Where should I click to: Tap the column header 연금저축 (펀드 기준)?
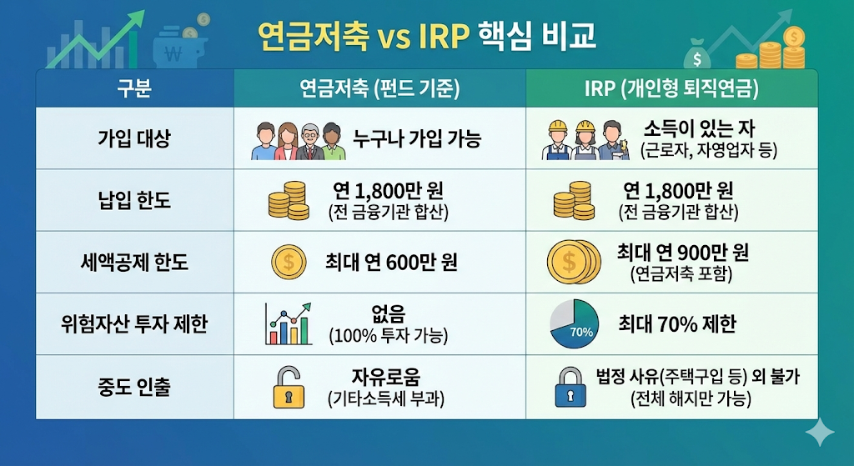(x=379, y=88)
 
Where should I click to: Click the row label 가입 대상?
(x=134, y=138)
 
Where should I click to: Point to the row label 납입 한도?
(x=134, y=200)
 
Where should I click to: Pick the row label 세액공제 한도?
(x=134, y=263)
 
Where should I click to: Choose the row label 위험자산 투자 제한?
(x=134, y=325)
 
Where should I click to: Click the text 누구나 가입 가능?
(x=416, y=139)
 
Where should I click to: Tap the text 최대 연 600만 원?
(x=391, y=263)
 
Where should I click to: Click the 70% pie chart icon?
(x=574, y=325)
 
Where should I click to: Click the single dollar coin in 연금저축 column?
(x=289, y=263)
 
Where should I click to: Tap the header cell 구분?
(x=134, y=88)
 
